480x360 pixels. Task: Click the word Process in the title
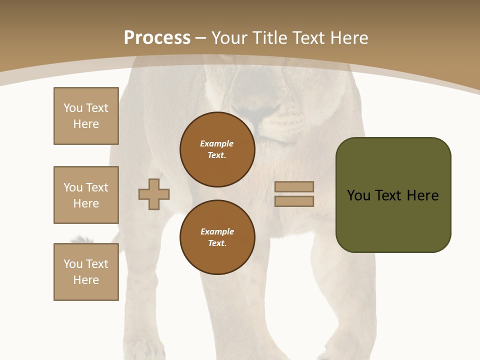(157, 38)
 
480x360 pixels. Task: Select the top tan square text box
(86, 116)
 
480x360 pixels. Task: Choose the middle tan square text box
(86, 195)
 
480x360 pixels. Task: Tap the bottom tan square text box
(86, 272)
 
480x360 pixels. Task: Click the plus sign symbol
(154, 194)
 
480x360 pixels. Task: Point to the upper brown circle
(217, 149)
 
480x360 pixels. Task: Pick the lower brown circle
(217, 237)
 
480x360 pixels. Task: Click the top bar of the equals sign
(294, 186)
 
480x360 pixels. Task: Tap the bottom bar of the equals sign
(294, 201)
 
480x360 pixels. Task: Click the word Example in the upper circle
(217, 143)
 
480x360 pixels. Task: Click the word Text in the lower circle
(216, 243)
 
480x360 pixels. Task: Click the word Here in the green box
(422, 195)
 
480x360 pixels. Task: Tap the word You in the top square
(73, 108)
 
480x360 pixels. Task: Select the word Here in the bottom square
(86, 280)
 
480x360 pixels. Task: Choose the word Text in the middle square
(97, 187)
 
